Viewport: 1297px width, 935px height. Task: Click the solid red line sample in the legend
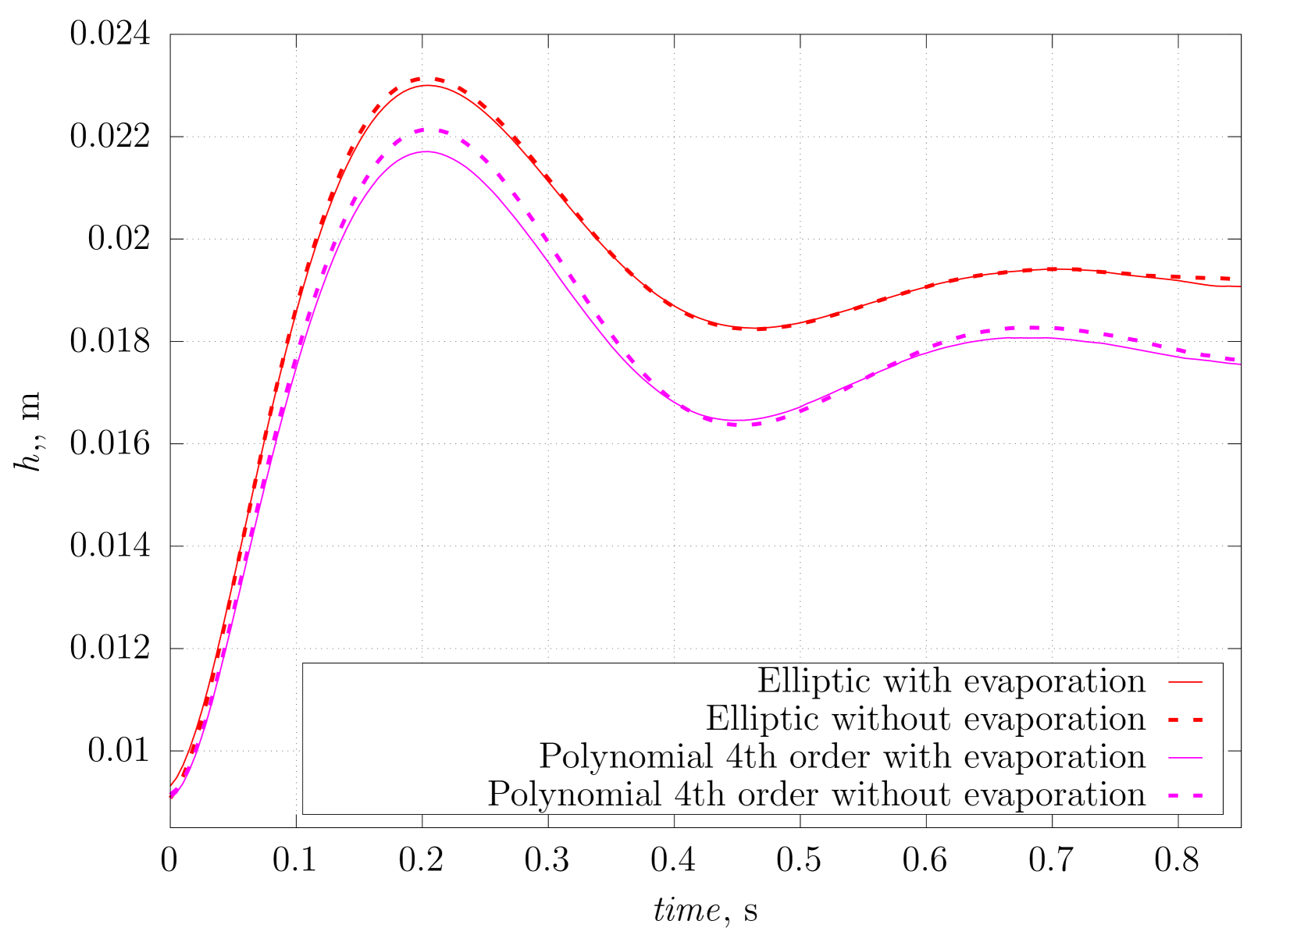[1185, 682]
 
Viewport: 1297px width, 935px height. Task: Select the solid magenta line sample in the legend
[1185, 758]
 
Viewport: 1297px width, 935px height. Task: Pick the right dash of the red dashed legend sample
[1196, 720]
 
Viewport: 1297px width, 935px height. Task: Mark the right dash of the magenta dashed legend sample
[1196, 795]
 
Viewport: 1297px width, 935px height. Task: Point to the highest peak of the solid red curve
[427, 85]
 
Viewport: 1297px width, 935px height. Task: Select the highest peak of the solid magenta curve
[426, 151]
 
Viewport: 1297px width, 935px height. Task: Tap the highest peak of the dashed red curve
[428, 79]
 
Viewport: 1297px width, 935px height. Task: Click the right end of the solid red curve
[1240, 286]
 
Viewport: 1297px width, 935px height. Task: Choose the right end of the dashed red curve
[1231, 279]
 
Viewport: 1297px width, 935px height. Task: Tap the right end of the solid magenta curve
[1240, 364]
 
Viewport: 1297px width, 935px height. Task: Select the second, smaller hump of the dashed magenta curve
[1031, 328]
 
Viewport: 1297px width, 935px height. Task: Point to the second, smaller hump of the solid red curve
[1054, 269]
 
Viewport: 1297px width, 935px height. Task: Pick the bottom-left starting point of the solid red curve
[172, 784]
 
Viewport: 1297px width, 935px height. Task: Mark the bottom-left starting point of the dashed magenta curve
[171, 796]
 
